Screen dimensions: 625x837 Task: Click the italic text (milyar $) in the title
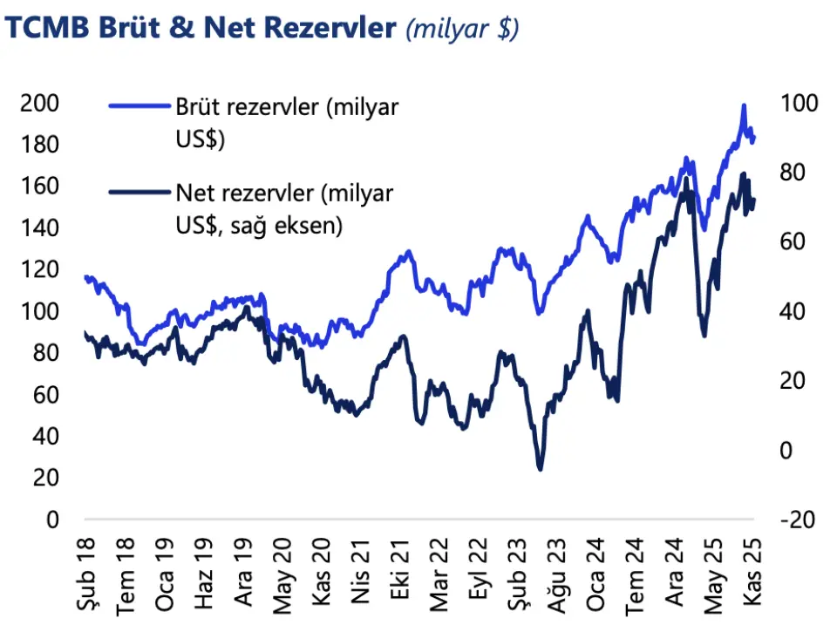point(462,29)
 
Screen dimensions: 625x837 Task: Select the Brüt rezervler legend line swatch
point(139,106)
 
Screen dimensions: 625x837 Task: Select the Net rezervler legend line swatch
point(139,192)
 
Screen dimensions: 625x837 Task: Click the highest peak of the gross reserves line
point(744,105)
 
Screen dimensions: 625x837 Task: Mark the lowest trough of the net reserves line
point(540,469)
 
